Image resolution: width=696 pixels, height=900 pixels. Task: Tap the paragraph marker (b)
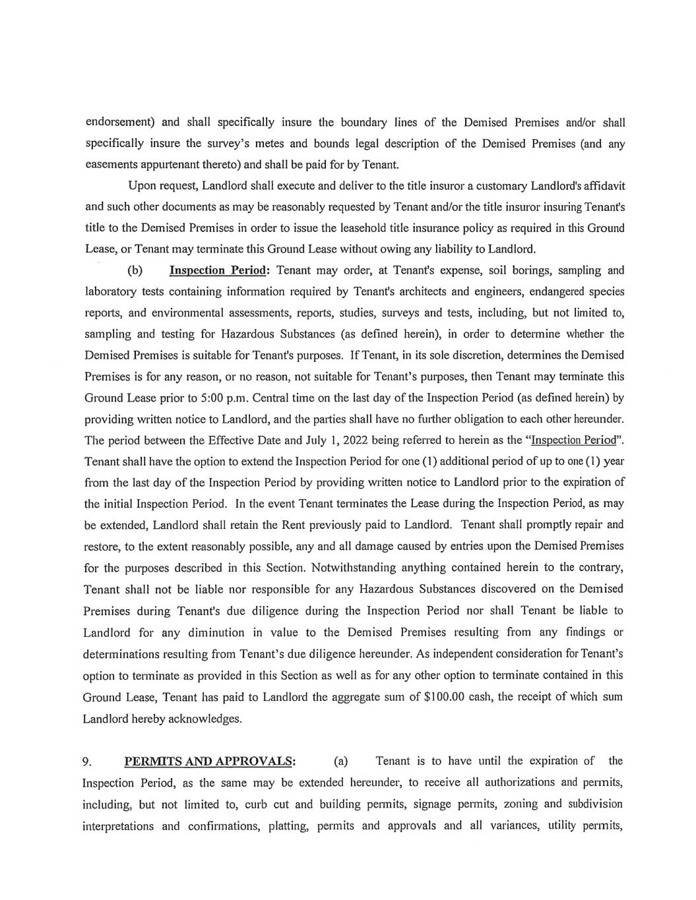pyautogui.click(x=135, y=270)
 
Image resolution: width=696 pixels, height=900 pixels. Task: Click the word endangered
pyautogui.click(x=551, y=291)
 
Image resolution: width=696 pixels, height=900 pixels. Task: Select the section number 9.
pyautogui.click(x=87, y=762)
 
